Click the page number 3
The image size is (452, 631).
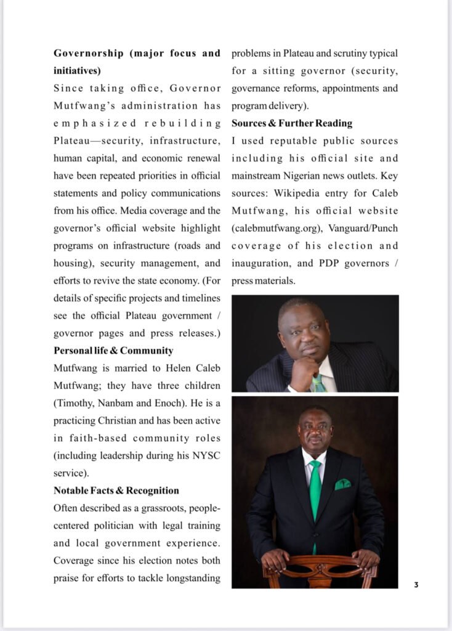pos(416,585)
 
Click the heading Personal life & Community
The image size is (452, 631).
pos(113,351)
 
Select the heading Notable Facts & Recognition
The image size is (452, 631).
pos(116,491)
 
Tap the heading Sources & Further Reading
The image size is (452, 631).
pos(292,123)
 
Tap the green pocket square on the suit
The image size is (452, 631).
pos(343,484)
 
